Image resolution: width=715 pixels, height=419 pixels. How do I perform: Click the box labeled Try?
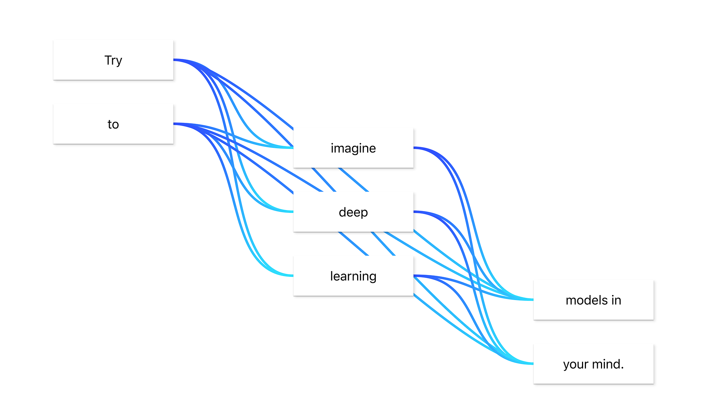click(113, 60)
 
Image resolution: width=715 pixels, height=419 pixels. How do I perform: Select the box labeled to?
click(113, 124)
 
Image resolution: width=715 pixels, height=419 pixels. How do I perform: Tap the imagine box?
click(353, 148)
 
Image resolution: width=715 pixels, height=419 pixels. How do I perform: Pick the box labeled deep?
click(353, 212)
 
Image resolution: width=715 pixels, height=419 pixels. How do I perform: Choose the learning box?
click(353, 276)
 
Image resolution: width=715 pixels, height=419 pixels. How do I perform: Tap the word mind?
click(606, 364)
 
